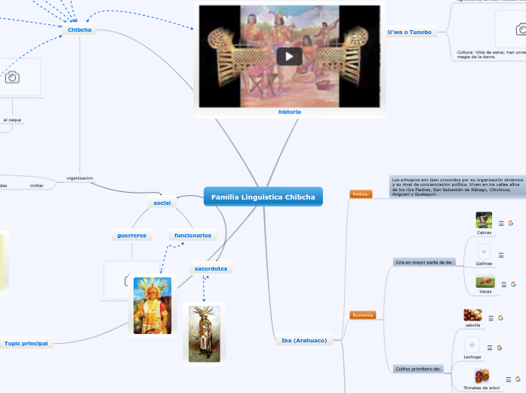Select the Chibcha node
tap(79, 30)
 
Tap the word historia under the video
tap(290, 111)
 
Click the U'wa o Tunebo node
tap(409, 32)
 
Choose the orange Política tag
tap(361, 194)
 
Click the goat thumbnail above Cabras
tap(484, 221)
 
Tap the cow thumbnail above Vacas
tap(484, 283)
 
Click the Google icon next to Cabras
tap(511, 223)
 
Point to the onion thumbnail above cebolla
tap(473, 316)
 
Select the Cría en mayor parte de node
tap(424, 262)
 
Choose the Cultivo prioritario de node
tap(423, 369)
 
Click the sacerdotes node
tap(211, 268)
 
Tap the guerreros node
tap(132, 236)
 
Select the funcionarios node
tap(192, 236)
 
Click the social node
tap(162, 203)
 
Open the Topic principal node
tap(26, 343)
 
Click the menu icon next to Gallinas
tap(501, 255)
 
